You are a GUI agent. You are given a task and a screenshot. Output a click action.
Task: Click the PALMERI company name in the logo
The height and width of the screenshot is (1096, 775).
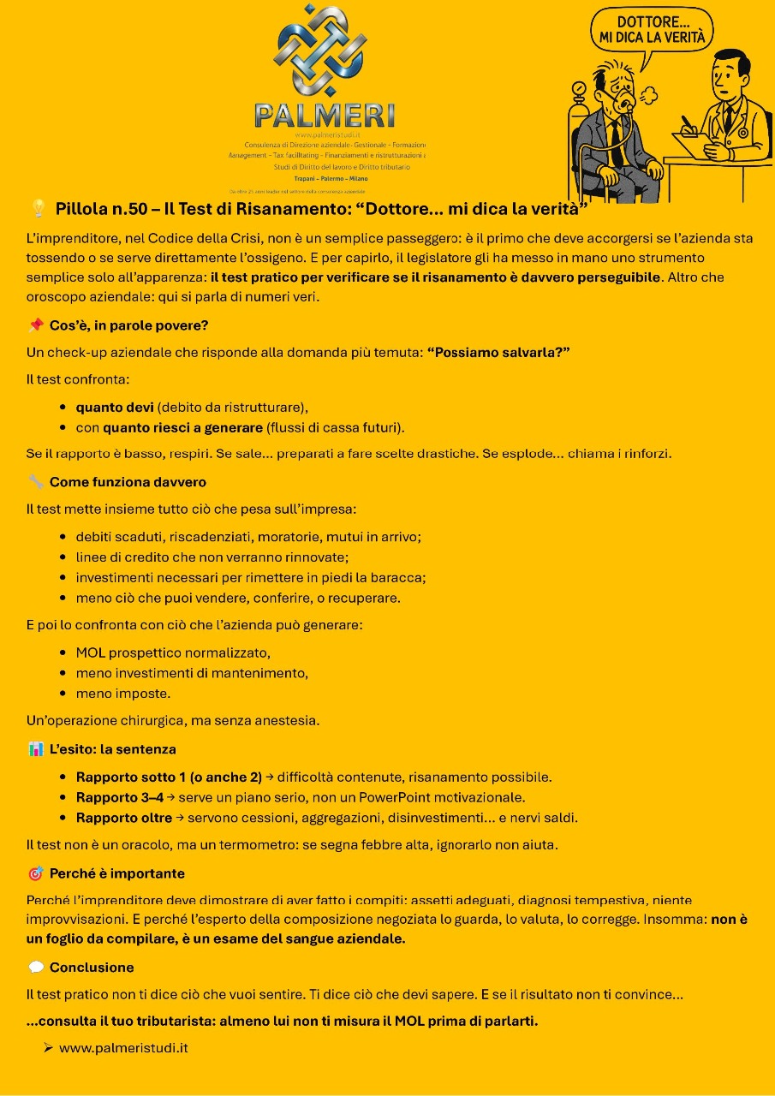point(325,114)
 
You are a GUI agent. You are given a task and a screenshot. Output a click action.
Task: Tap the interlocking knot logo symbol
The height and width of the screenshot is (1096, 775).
point(319,51)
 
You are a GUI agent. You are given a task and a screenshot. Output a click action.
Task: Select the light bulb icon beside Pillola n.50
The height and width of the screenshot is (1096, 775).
point(38,208)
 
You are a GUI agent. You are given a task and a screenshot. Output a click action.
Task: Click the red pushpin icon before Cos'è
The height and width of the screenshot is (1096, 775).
point(36,325)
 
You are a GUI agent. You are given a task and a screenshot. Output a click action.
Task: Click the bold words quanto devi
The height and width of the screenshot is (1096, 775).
point(115,407)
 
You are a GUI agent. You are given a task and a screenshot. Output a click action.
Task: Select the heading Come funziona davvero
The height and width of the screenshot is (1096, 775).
point(128,482)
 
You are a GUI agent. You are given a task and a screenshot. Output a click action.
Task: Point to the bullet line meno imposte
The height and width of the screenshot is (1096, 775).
point(122,694)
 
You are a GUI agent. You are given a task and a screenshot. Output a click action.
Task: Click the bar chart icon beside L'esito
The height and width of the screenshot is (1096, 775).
point(36,749)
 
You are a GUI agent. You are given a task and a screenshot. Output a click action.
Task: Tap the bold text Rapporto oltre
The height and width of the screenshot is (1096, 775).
point(124,818)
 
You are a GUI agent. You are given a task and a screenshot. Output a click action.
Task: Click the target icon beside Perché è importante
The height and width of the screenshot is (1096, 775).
point(36,874)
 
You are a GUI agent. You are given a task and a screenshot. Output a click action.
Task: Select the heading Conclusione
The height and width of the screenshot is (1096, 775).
point(92,968)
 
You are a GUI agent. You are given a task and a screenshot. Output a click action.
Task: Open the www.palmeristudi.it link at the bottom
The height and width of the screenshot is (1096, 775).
point(123,1048)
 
